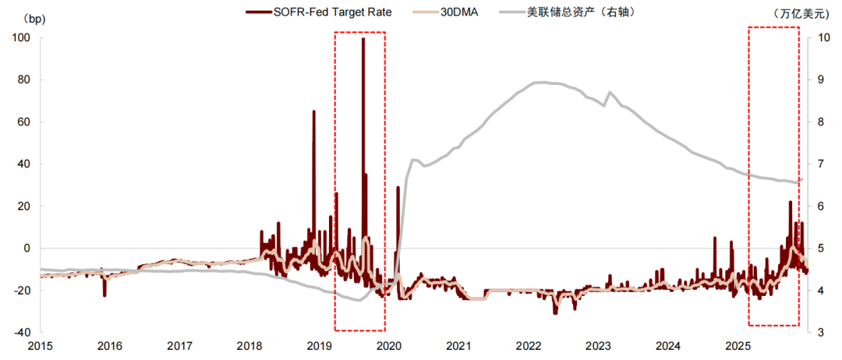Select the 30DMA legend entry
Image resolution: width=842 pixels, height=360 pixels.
[460, 12]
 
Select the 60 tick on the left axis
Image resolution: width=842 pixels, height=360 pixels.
[23, 122]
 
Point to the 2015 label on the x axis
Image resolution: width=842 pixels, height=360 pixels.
[41, 345]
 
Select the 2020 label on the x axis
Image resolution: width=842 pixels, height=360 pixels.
[389, 345]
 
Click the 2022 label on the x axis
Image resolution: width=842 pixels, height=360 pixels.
[529, 345]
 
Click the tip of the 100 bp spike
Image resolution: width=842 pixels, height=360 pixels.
[363, 39]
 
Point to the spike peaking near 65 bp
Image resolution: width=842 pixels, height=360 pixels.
[314, 111]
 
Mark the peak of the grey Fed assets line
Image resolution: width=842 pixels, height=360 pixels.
[539, 82]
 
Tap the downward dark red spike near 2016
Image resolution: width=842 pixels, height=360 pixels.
[104, 295]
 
